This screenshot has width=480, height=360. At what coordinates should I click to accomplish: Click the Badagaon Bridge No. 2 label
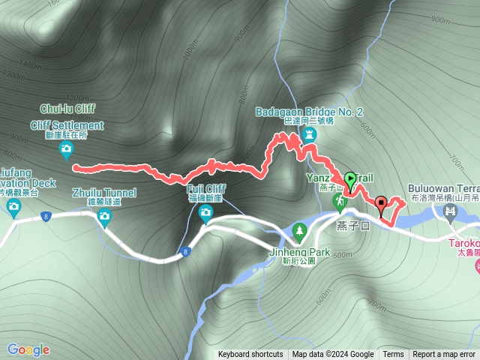309,112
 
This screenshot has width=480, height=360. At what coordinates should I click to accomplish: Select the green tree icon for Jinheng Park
300,229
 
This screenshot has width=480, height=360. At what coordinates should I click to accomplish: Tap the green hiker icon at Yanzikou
340,202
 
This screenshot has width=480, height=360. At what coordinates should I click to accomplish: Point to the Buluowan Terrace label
443,188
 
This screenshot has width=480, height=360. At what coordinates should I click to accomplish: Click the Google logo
28,349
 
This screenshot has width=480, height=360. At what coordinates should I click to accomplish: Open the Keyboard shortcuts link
250,355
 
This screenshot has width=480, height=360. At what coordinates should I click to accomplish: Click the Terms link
393,355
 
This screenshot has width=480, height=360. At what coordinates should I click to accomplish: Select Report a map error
445,355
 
